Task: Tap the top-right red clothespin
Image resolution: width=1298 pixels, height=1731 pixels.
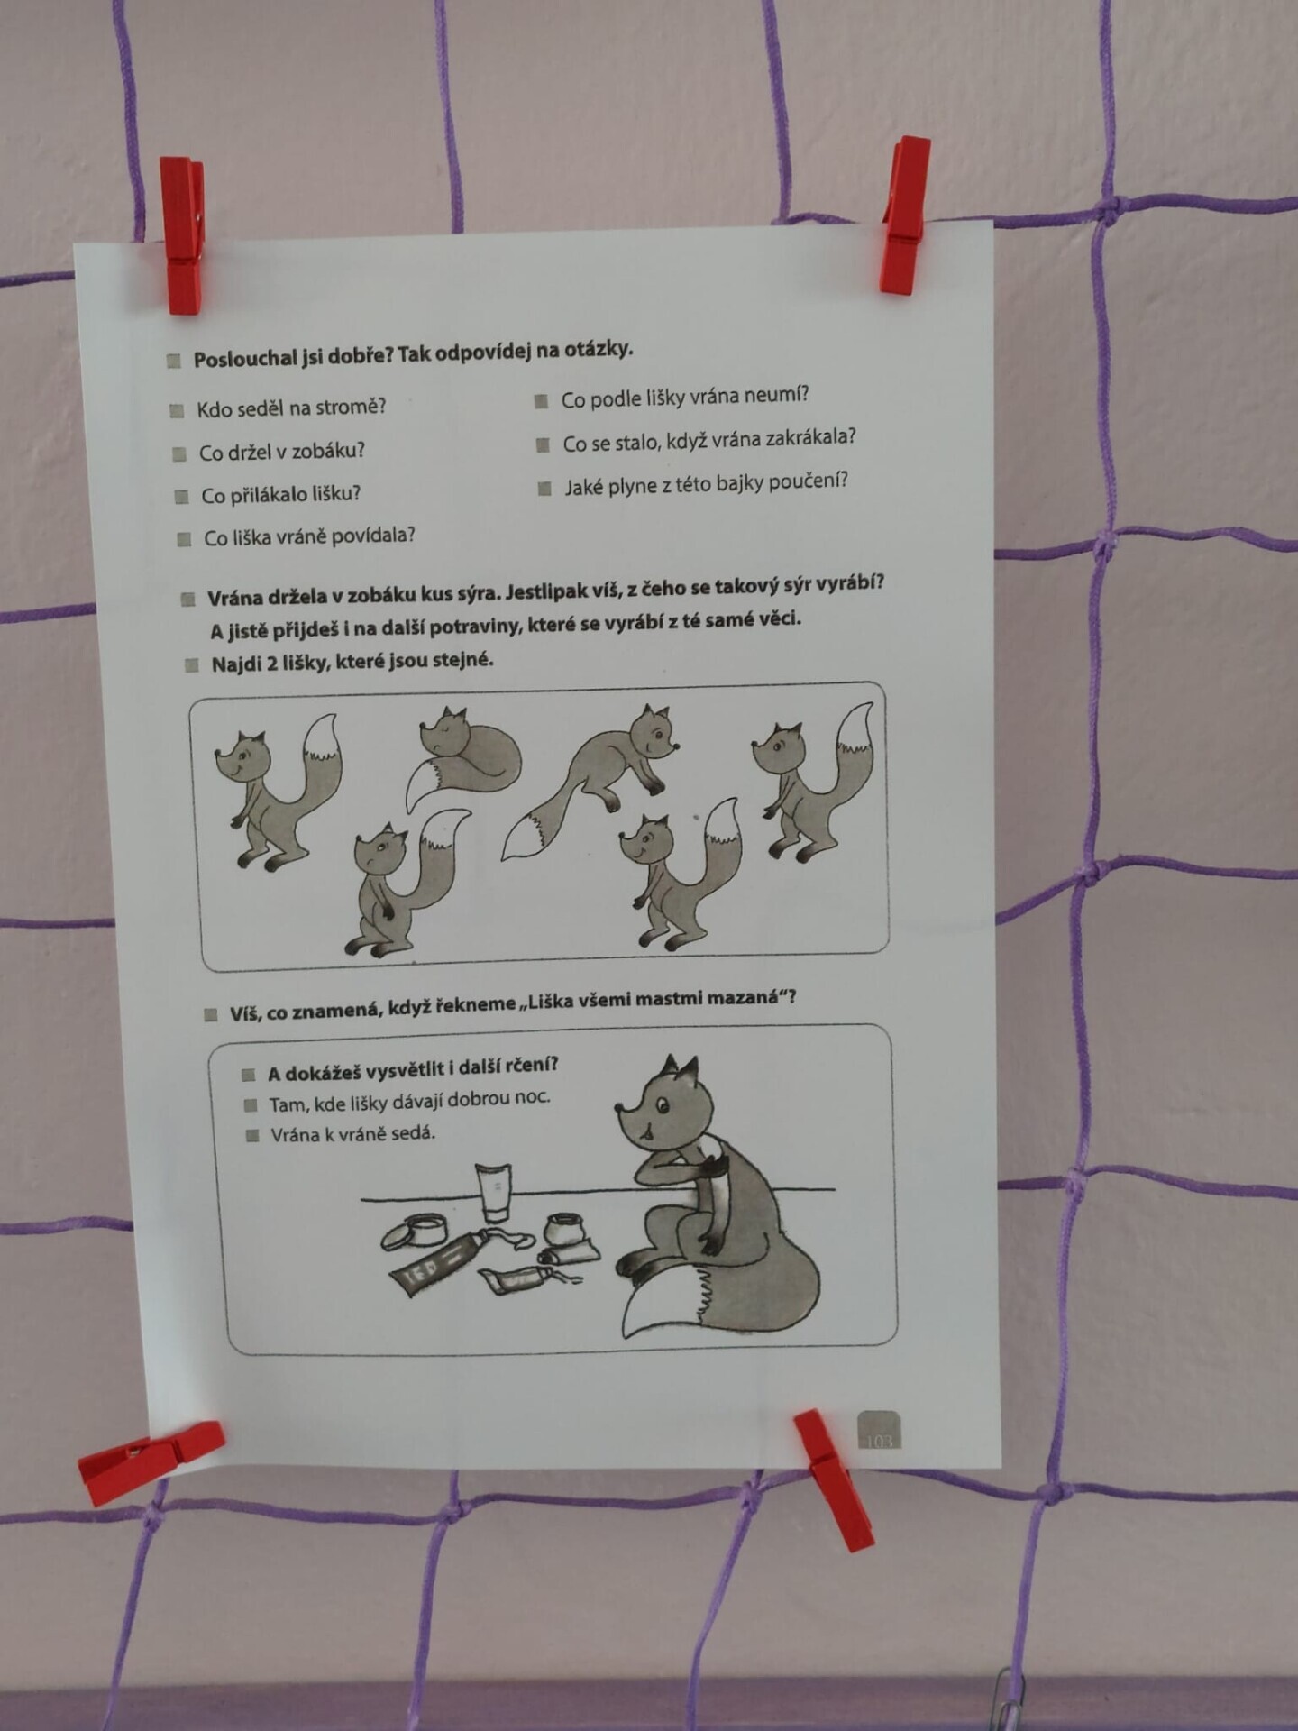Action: [x=904, y=216]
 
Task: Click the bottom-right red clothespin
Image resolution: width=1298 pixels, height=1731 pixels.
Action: [x=834, y=1479]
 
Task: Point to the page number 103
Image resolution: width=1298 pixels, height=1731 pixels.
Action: [x=878, y=1441]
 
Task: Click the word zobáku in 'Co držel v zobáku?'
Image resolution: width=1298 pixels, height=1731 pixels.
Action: [x=327, y=451]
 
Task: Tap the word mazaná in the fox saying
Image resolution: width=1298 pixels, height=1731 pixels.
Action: [x=747, y=998]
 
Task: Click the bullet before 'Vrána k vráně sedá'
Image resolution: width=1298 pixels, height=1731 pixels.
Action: [x=253, y=1135]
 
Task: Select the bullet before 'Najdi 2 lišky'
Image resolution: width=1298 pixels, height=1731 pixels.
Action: [x=191, y=665]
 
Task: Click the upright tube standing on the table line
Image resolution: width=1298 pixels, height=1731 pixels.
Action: [x=494, y=1192]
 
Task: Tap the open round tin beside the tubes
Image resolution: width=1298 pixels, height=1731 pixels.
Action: [x=415, y=1231]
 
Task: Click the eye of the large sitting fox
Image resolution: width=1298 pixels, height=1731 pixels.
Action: [x=663, y=1105]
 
